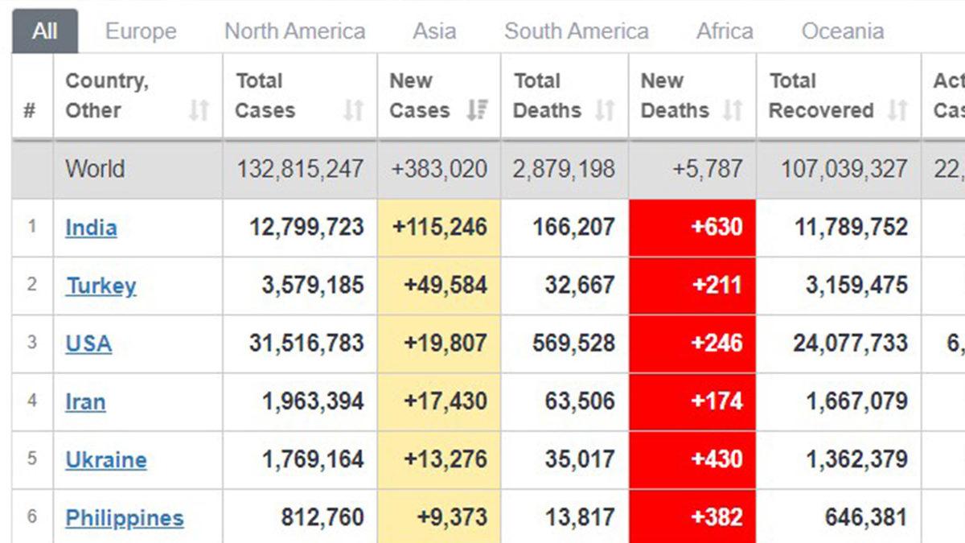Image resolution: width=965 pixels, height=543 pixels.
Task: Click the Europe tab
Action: point(141,31)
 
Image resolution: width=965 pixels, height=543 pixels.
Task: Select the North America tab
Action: point(294,31)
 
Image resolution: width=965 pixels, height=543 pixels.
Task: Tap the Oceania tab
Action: point(842,31)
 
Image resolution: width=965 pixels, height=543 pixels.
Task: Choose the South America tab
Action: point(576,31)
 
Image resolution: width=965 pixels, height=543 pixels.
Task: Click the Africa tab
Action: point(725,31)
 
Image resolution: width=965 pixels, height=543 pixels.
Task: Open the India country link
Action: point(91,228)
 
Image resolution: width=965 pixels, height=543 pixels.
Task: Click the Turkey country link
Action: point(101,286)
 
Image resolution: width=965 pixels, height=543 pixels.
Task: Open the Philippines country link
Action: point(124,518)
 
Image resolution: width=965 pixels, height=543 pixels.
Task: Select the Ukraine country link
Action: point(106,460)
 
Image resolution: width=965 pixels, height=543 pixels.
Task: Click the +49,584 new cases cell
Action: point(439,286)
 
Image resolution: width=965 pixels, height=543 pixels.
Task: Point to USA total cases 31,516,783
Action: point(306,343)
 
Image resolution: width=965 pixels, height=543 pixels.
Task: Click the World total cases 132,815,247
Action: point(299,170)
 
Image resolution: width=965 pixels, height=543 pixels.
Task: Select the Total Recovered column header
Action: point(821,96)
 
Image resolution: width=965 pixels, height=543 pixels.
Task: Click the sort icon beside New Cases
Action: point(478,110)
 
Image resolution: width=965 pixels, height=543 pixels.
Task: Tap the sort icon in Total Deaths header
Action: point(605,110)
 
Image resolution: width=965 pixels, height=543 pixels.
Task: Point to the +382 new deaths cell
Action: point(716,518)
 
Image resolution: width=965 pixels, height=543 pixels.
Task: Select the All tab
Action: point(45,31)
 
